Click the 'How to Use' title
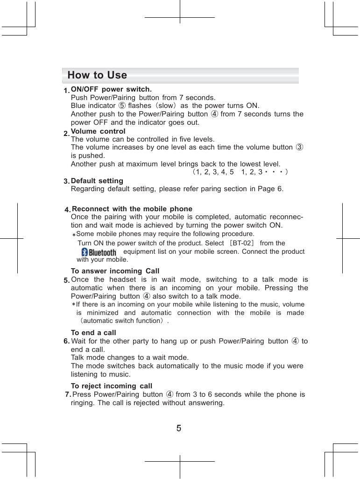pyautogui.click(x=97, y=75)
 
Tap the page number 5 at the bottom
pyautogui.click(x=179, y=427)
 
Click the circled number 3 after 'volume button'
pyautogui.click(x=300, y=148)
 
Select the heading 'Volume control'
pyautogui.click(x=98, y=131)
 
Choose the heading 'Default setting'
pyautogui.click(x=97, y=181)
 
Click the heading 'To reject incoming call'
pyautogui.click(x=112, y=386)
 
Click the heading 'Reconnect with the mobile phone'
pyautogui.click(x=132, y=209)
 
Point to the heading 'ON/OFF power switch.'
pyautogui.click(x=111, y=89)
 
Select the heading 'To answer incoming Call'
pyautogui.click(x=115, y=271)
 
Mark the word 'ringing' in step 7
pyautogui.click(x=82, y=403)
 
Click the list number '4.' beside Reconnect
pyautogui.click(x=68, y=209)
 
